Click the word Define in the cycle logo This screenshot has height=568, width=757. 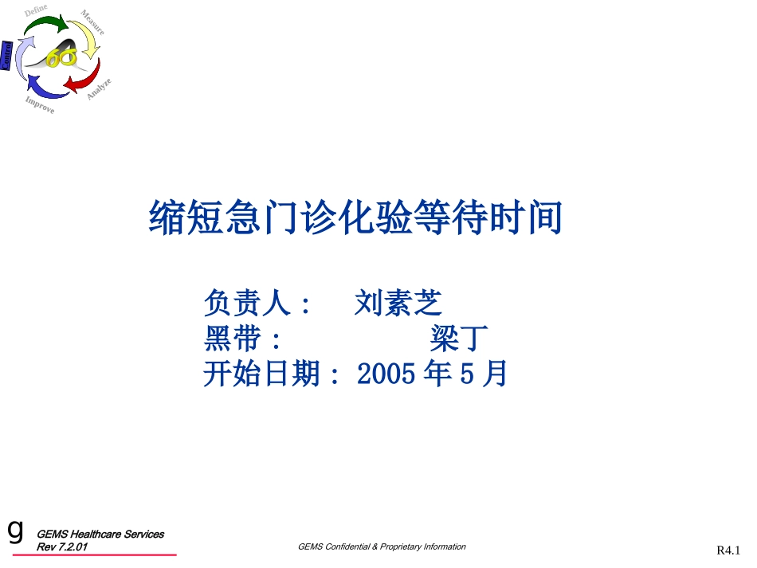point(36,10)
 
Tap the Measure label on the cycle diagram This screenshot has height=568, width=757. point(92,22)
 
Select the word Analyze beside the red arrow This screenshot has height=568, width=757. point(99,88)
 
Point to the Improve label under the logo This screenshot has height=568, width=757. point(39,104)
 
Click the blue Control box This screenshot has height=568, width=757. point(6,56)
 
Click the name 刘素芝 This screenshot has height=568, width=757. point(398,303)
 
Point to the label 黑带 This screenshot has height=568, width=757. point(232,339)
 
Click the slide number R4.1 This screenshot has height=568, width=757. point(728,550)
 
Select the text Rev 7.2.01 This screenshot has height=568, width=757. point(63,548)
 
